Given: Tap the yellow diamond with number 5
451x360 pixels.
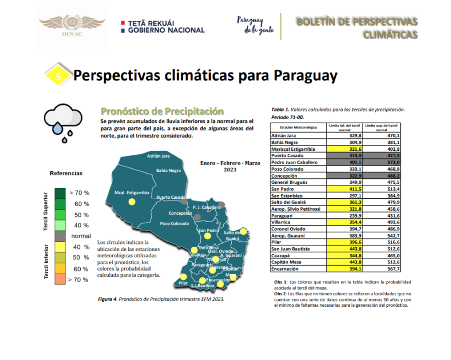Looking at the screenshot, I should click(58, 76).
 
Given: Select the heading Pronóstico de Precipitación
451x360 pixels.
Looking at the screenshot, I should click(162, 111).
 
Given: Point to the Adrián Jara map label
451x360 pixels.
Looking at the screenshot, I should click(158, 156).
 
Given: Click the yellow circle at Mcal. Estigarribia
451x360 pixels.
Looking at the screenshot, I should click(131, 202).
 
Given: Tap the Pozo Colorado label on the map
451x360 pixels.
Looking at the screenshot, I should click(174, 224).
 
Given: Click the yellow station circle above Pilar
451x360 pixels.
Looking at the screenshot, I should click(183, 277).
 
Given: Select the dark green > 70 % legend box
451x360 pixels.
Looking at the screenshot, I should click(59, 193).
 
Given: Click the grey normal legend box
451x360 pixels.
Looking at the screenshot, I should click(59, 236).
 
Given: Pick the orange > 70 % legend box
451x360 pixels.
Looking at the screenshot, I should click(59, 279).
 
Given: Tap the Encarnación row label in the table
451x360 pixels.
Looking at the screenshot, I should click(286, 269).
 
